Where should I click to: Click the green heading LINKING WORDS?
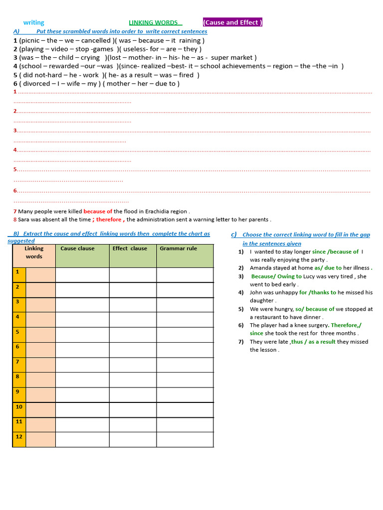click(x=154, y=22)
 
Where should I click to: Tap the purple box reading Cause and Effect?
click(x=232, y=22)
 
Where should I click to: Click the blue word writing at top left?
click(x=34, y=22)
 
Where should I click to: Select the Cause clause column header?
click(x=77, y=249)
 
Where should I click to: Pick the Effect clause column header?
click(x=130, y=249)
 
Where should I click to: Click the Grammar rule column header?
click(x=178, y=249)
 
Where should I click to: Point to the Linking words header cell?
click(x=34, y=253)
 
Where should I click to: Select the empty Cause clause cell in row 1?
click(x=82, y=275)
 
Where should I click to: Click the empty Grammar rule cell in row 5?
click(x=185, y=334)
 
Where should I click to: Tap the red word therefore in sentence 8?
click(x=109, y=220)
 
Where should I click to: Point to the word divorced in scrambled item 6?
click(x=37, y=84)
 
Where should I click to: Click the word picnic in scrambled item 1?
click(x=31, y=40)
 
